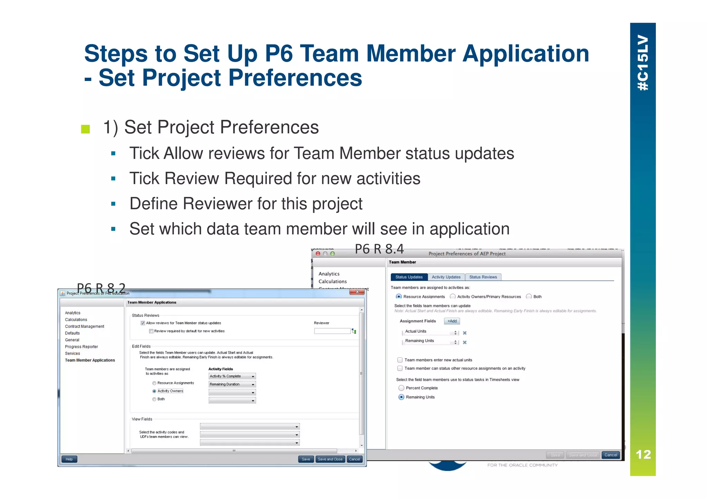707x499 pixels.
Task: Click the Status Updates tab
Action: tap(409, 277)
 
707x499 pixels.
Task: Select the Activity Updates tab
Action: tap(446, 277)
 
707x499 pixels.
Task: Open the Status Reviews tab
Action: tap(483, 277)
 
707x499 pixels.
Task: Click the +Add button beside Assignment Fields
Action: tap(452, 321)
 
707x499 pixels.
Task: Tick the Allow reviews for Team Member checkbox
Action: tap(143, 323)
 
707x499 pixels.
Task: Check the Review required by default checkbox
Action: tap(151, 331)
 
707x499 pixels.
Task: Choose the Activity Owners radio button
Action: tap(154, 391)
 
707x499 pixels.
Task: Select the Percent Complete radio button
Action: tap(401, 388)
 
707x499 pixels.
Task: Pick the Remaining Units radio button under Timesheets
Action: tap(401, 397)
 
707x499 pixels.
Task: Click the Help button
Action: tap(69, 459)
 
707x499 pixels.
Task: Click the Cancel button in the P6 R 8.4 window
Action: tap(610, 455)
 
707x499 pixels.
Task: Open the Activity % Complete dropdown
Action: tap(232, 376)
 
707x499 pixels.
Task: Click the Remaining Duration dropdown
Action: tap(232, 384)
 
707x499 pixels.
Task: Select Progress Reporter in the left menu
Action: tap(81, 347)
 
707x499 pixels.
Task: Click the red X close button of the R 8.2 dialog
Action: tap(357, 292)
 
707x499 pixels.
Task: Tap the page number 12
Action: tap(643, 455)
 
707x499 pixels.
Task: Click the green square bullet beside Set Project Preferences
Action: tap(85, 129)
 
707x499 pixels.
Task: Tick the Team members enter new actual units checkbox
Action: tap(400, 360)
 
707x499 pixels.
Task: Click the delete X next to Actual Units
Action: tap(465, 333)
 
